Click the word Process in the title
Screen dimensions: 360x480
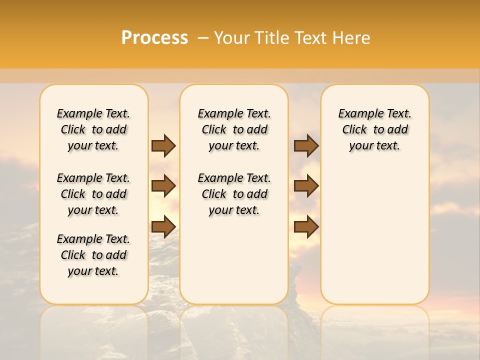pos(154,37)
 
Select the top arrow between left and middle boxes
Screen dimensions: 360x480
pos(163,145)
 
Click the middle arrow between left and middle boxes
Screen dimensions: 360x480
pos(163,186)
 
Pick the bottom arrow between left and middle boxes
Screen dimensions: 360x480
pos(163,226)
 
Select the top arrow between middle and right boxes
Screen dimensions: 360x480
pos(306,145)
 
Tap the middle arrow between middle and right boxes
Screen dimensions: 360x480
pos(306,186)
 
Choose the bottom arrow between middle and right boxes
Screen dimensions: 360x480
pos(306,226)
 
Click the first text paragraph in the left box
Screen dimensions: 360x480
pos(93,129)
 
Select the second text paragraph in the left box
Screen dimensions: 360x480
pos(93,194)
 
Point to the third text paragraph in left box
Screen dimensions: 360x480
pos(93,255)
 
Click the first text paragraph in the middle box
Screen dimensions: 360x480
pos(234,129)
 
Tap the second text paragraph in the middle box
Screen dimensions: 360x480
pos(234,194)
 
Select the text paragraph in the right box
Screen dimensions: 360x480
pos(374,129)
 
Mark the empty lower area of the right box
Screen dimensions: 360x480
pos(374,230)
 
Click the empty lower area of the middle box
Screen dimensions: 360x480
pos(234,260)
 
